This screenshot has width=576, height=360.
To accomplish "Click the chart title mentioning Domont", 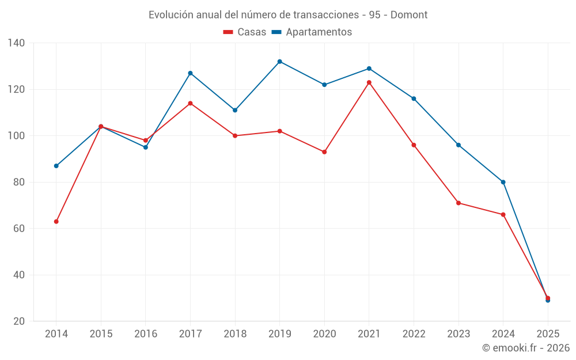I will point(288,14).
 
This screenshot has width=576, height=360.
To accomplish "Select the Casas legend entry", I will point(245,32).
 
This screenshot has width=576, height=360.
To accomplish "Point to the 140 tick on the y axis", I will point(16,43).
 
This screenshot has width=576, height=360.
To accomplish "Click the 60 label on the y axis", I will point(18,229).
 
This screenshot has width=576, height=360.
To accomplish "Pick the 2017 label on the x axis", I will point(190,334).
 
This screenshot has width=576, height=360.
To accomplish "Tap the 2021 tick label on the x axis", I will point(369,334).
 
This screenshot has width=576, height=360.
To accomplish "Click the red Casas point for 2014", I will point(56,221).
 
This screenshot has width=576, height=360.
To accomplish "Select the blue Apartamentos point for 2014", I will point(56,166).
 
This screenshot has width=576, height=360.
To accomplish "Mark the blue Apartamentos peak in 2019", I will point(280,62).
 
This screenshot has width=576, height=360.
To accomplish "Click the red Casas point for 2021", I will point(369,82).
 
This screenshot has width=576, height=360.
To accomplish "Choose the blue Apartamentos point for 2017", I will point(190,73).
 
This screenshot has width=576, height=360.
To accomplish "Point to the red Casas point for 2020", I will point(324,152).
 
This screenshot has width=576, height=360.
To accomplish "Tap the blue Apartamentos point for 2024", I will point(503,182).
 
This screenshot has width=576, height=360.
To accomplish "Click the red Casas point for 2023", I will point(458,203).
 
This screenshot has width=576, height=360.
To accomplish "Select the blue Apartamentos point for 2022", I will point(414,98).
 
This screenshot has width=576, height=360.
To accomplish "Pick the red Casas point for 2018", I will point(235,136).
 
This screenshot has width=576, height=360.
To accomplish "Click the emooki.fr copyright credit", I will point(526,348).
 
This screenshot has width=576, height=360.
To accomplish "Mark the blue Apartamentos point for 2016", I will point(146,147).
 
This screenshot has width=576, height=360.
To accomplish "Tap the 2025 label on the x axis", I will point(548,334).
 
